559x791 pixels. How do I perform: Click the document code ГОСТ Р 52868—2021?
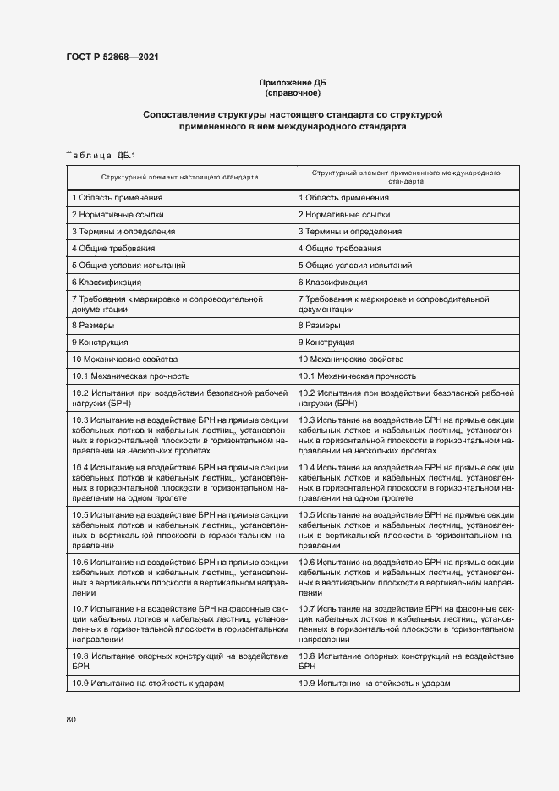tap(112, 57)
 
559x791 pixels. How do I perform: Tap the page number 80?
tap(70, 719)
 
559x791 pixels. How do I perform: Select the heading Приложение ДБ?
tap(292, 82)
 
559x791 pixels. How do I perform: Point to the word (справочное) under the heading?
tap(292, 92)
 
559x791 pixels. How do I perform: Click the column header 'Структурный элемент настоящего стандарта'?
tap(179, 178)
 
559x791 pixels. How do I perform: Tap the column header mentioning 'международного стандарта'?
tap(405, 176)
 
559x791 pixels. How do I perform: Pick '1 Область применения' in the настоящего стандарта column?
tap(118, 198)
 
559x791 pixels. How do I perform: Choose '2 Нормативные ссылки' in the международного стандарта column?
tap(343, 215)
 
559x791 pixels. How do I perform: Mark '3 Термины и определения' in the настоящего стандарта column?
tap(123, 232)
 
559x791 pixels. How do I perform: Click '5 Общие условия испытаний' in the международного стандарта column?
tap(354, 266)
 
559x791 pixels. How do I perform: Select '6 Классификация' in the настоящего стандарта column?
tap(107, 283)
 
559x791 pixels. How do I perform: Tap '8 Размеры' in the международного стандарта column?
tap(319, 326)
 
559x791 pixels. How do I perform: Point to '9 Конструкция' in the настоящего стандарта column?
tap(100, 343)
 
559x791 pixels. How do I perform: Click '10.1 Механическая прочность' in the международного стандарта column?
tap(356, 376)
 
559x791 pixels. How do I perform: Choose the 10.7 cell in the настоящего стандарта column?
tap(179, 624)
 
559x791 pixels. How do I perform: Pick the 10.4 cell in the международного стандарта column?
tap(405, 483)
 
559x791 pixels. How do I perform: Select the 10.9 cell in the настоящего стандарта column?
tap(147, 684)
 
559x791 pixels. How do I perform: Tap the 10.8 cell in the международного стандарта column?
tap(405, 662)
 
